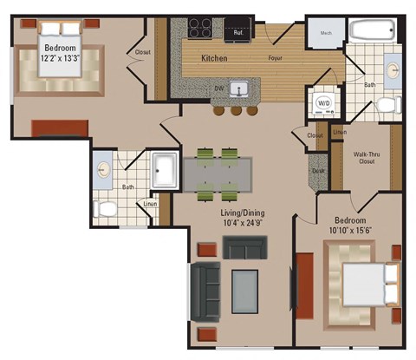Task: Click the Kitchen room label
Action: (214, 59)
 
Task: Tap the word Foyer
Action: (276, 60)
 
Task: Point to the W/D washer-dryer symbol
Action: (323, 102)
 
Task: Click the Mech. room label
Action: (326, 35)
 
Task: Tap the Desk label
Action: (316, 170)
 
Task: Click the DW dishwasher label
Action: (219, 87)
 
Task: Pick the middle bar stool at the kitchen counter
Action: (236, 111)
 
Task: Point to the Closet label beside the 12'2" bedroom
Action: (142, 52)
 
